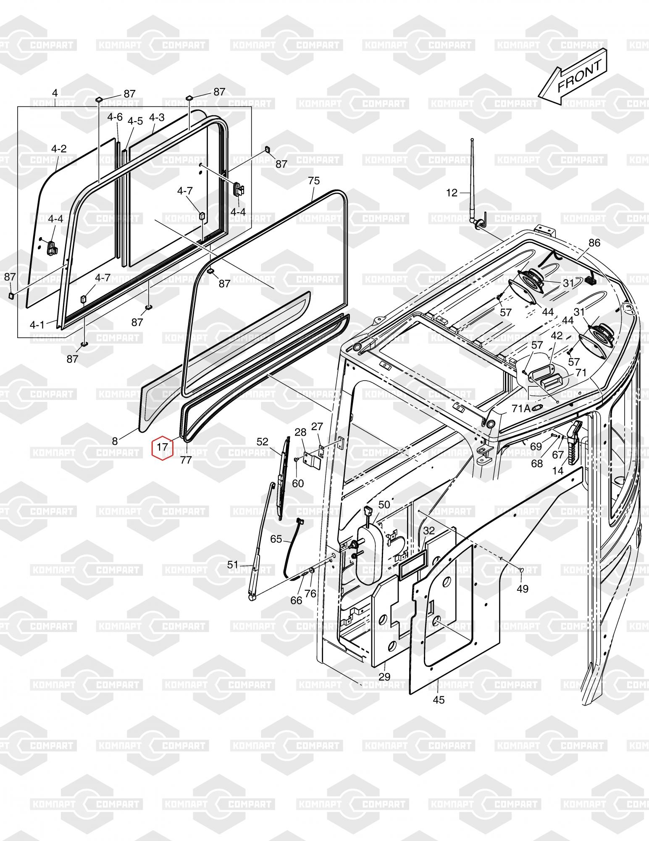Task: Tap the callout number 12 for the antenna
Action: [452, 193]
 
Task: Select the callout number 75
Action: [314, 181]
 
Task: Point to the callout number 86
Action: [594, 243]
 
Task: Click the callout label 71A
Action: [520, 408]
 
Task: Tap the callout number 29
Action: [384, 677]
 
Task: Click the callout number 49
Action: [522, 589]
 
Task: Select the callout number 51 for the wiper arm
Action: [233, 565]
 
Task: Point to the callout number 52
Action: [262, 442]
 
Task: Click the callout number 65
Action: [276, 539]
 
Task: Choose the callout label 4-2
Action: [59, 149]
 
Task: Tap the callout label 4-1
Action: [37, 325]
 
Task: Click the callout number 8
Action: [115, 441]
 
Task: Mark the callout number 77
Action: [186, 460]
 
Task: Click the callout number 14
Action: [558, 471]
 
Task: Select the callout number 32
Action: [428, 531]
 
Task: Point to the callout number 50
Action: [384, 505]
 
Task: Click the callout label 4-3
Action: [157, 117]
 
